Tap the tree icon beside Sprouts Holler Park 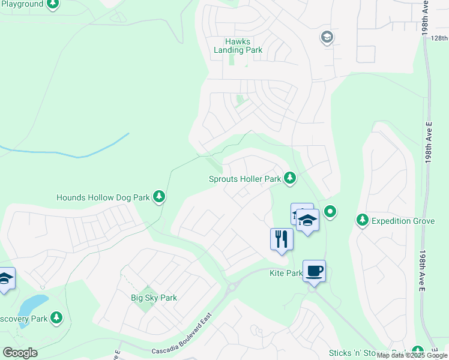(x=290, y=178)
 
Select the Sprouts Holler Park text (x=245, y=179)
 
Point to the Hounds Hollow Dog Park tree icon (x=159, y=196)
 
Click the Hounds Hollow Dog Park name (x=103, y=197)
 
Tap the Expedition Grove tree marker (x=362, y=220)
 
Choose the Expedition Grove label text (x=403, y=221)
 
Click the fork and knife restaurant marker (x=282, y=239)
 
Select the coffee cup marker (x=314, y=271)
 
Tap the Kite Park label (x=285, y=273)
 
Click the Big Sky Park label (x=154, y=298)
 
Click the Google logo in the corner (x=20, y=353)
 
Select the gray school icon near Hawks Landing (x=327, y=38)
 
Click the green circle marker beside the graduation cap (x=330, y=211)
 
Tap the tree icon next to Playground (x=53, y=4)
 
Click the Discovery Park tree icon (x=56, y=317)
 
